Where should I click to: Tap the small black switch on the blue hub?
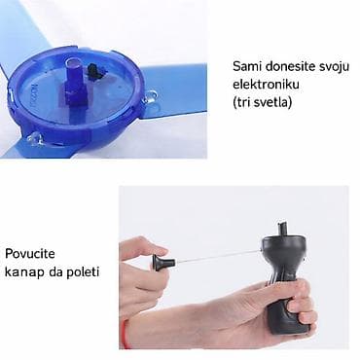pyautogui.click(x=94, y=70)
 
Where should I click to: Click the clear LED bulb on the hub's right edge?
pyautogui.click(x=150, y=96)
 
